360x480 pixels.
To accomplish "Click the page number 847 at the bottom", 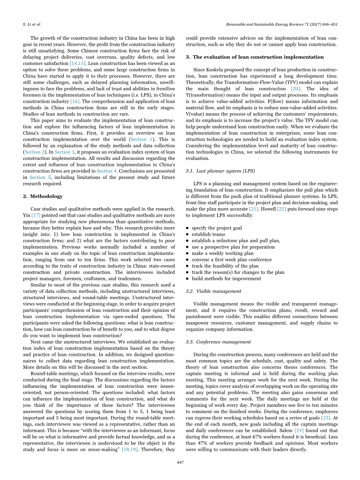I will click(180, 462).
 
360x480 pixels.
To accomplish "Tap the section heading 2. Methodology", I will click(42, 196).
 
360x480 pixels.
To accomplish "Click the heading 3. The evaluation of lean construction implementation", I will click(255, 57).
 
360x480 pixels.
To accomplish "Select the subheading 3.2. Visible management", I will click(213, 291).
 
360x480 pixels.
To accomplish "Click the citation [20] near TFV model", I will click(295, 89).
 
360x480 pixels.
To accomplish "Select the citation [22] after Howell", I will click(281, 209).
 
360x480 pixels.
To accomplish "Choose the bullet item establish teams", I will click(208, 234).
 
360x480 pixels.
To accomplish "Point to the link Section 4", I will click(104, 171).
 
